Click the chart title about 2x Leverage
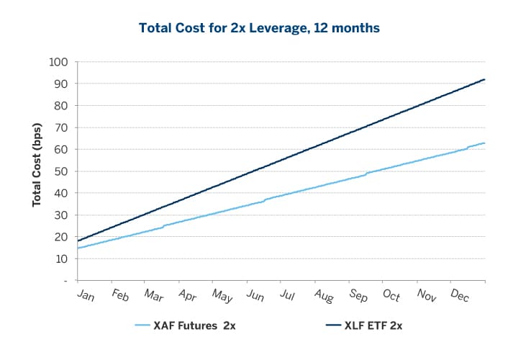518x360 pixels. click(259, 28)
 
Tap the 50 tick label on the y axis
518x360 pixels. click(61, 171)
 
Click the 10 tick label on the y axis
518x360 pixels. click(61, 258)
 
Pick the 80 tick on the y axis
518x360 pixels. click(61, 106)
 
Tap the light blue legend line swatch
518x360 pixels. click(152, 325)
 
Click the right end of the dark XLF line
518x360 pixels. click(485, 79)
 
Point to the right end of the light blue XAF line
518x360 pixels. click(485, 143)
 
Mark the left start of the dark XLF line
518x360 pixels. click(78, 240)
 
